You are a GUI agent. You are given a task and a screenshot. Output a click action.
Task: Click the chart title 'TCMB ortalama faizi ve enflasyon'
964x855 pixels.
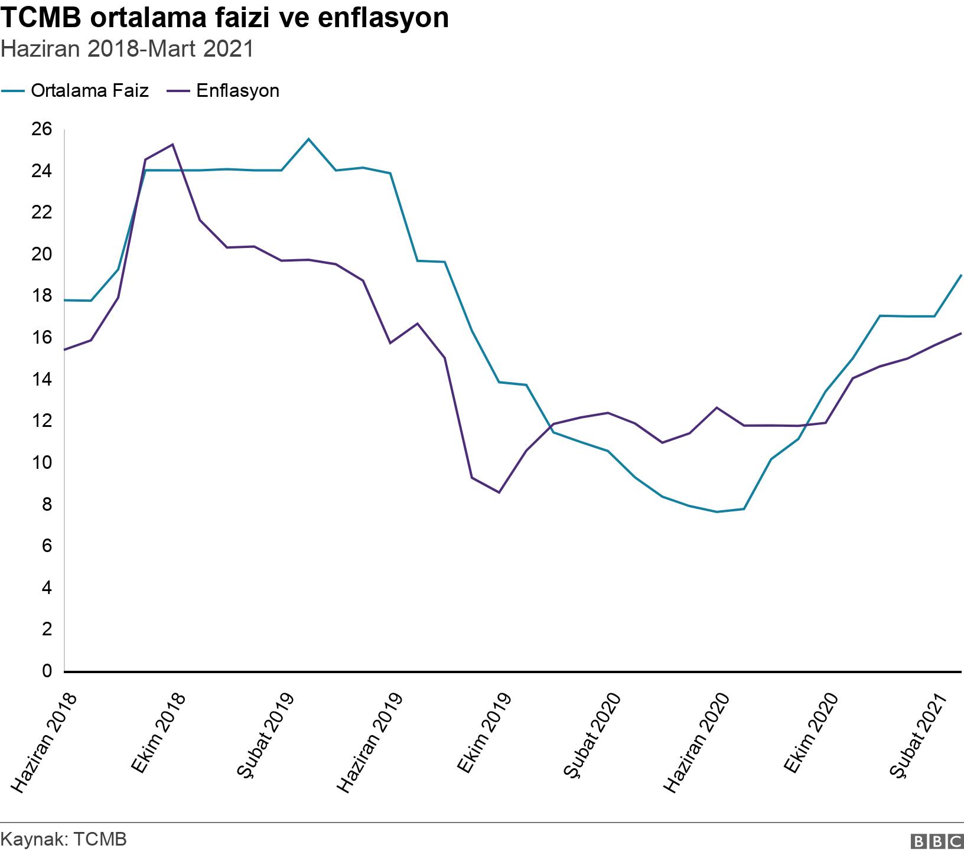tap(224, 19)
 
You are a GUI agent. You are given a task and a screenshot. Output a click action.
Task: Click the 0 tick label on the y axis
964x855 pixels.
tap(47, 671)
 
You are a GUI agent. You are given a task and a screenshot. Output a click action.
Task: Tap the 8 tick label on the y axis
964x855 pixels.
tap(47, 505)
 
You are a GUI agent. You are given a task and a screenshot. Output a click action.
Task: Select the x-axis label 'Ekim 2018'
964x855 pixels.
tap(158, 732)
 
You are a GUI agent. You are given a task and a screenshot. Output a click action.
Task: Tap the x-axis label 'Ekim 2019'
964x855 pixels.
tap(484, 732)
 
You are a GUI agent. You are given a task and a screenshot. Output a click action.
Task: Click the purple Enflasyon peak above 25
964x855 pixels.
tap(172, 144)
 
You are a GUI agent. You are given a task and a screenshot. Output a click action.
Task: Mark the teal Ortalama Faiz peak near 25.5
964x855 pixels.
tap(308, 139)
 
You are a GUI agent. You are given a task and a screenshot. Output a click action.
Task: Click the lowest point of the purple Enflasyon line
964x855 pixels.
tap(499, 492)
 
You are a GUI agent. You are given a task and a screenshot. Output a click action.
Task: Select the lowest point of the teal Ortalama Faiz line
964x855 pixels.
tap(717, 512)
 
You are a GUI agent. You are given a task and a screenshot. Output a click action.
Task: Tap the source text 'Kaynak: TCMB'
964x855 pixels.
tap(64, 840)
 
